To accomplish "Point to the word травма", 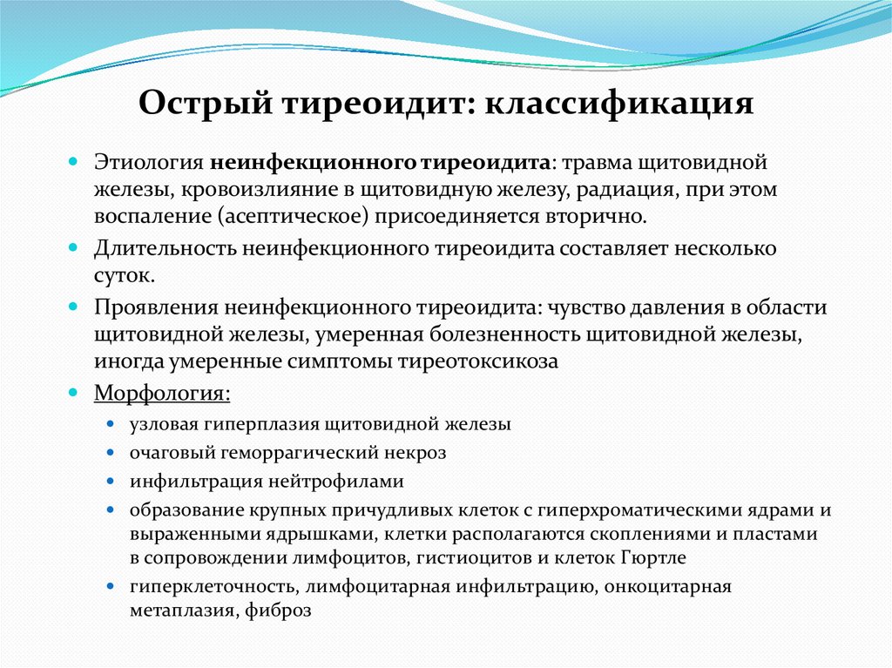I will click(611, 163).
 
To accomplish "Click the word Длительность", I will click(158, 249).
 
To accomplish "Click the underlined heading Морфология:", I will click(162, 394).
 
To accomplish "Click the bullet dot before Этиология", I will click(75, 163).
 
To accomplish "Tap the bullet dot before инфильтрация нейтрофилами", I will click(111, 481).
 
